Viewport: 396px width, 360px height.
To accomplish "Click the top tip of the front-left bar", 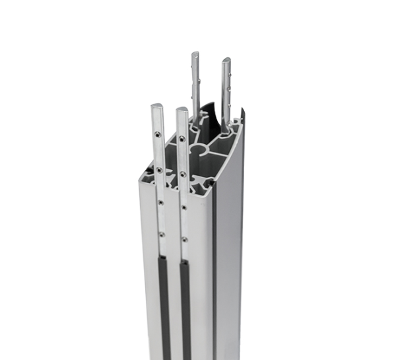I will point(157,106).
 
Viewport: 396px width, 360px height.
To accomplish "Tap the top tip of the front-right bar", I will point(181,109).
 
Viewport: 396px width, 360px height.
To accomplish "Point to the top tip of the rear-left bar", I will point(195,54).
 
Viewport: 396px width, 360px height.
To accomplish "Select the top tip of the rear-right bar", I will point(226,60).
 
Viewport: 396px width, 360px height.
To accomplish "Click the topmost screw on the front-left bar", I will point(158,134).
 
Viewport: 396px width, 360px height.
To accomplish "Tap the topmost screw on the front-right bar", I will point(181,138).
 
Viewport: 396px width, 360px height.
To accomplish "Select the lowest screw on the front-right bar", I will point(184,239).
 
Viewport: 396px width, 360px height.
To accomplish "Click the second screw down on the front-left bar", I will point(158,170).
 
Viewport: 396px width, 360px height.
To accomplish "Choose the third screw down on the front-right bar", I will point(183,207).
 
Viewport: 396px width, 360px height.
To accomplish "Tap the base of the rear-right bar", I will point(224,122).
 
